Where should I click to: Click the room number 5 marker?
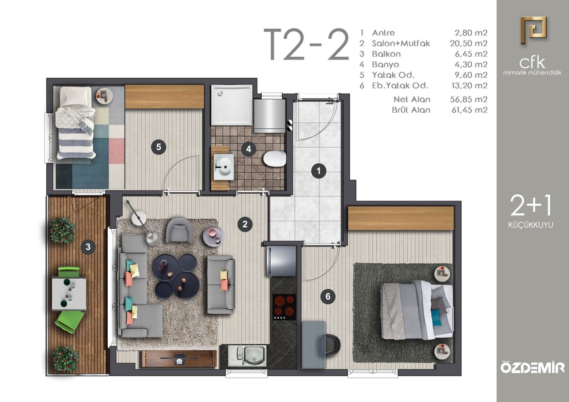158,147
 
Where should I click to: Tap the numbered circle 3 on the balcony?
88,247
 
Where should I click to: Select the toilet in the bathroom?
274,159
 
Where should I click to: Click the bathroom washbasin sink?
223,167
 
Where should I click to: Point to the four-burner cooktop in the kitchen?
284,306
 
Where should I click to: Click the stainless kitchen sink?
248,355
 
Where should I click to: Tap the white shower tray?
232,105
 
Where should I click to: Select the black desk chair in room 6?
330,345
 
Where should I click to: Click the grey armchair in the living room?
179,230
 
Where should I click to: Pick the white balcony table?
69,294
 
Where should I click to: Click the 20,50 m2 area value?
468,43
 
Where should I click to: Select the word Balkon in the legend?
386,54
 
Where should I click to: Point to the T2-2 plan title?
306,44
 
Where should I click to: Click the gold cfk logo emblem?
533,30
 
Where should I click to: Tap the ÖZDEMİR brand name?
532,367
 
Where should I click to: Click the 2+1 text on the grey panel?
531,205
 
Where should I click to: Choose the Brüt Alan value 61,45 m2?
469,110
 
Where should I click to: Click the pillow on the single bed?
76,96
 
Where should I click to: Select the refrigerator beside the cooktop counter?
281,261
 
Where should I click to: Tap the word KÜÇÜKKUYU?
531,225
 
